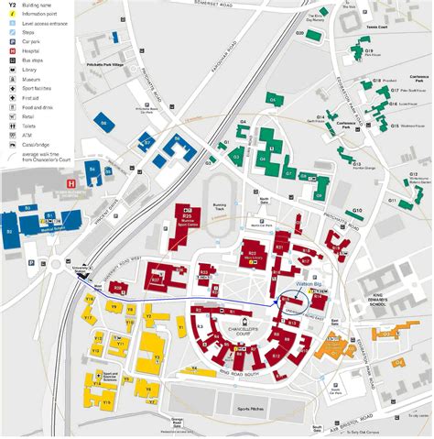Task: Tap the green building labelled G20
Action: point(313,35)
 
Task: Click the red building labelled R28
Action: point(116,288)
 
